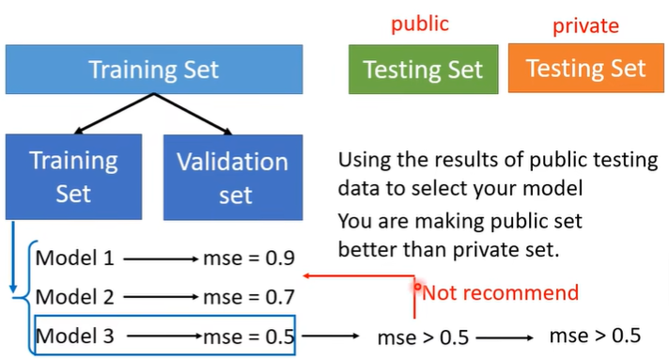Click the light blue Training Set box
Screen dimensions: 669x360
(154, 70)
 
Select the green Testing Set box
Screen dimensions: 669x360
(423, 70)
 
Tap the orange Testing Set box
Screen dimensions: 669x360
(585, 68)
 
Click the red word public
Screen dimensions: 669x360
(420, 24)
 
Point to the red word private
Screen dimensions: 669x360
(585, 26)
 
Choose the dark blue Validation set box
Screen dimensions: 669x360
(233, 178)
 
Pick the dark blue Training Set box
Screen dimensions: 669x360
(73, 177)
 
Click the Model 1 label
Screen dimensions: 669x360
(74, 258)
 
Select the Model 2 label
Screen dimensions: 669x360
(74, 297)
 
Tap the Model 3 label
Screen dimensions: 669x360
(74, 336)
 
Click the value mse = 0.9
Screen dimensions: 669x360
(249, 258)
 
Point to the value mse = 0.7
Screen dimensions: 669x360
(249, 297)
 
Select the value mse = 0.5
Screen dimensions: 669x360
(249, 337)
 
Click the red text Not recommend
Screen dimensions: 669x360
(500, 293)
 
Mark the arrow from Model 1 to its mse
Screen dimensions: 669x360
(161, 258)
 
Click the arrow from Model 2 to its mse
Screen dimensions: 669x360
(161, 297)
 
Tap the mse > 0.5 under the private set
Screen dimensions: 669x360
(595, 336)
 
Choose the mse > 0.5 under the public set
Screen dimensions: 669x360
(423, 337)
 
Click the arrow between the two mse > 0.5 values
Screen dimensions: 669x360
(505, 337)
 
